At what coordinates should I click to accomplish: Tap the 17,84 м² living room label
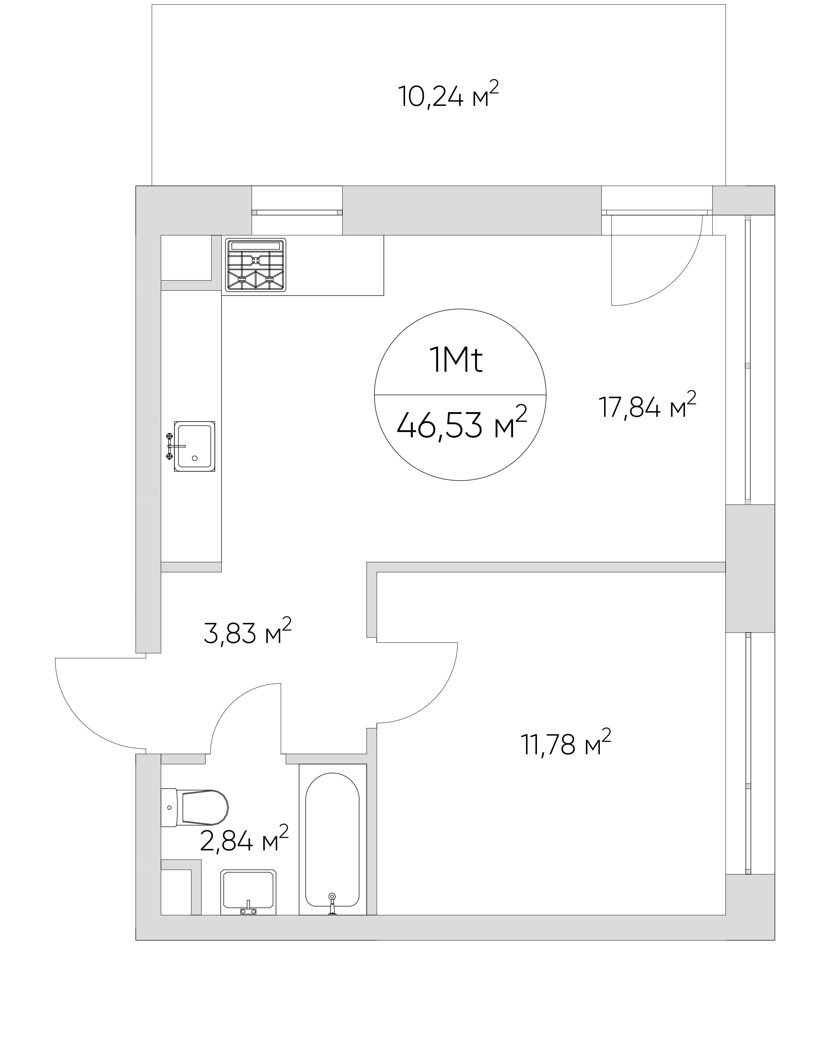click(647, 405)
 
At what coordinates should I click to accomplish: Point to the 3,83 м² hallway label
click(247, 631)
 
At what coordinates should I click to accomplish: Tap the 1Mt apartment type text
click(456, 361)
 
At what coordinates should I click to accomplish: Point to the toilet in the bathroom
click(194, 808)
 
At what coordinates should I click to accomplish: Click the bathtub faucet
click(332, 903)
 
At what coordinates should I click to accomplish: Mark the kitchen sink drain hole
click(195, 458)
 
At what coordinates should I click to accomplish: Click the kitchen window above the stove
click(297, 212)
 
